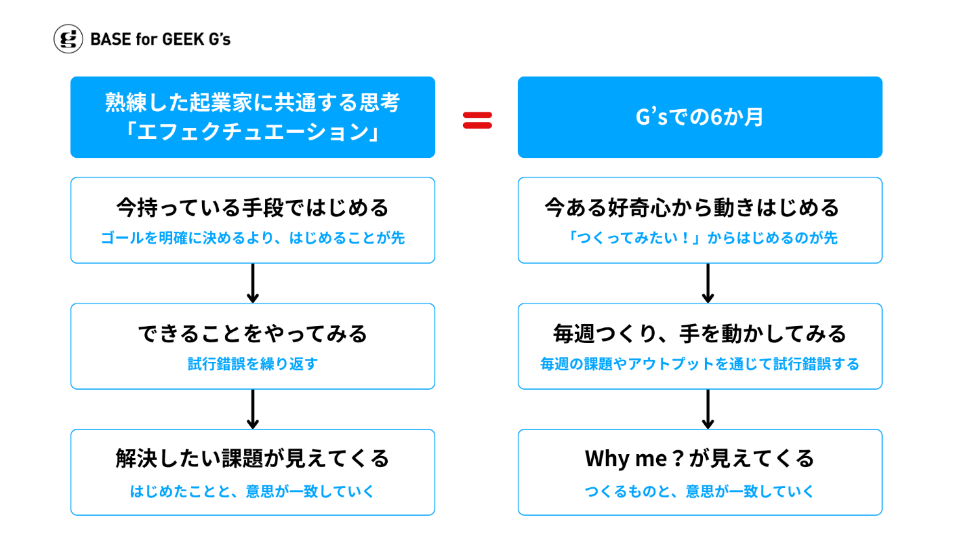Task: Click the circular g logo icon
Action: click(x=68, y=39)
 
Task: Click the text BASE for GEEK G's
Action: click(x=160, y=39)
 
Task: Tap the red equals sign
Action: click(x=477, y=120)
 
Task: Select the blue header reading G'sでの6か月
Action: click(x=700, y=117)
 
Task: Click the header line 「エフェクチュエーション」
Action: click(x=253, y=131)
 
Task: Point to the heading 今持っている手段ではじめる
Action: click(x=253, y=208)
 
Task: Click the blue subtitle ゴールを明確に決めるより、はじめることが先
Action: click(x=253, y=238)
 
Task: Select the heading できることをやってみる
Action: click(x=253, y=333)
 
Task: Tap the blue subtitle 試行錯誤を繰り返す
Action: click(x=253, y=364)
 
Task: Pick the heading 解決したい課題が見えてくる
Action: click(x=253, y=459)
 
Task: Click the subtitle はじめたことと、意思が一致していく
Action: click(x=253, y=491)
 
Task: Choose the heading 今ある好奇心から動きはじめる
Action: click(x=692, y=208)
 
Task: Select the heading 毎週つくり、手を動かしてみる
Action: click(x=700, y=333)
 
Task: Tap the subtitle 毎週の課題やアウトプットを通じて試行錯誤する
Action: click(x=700, y=364)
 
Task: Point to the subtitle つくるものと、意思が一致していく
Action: click(x=700, y=491)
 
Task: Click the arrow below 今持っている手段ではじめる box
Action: click(x=253, y=283)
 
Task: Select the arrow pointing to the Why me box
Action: click(x=708, y=409)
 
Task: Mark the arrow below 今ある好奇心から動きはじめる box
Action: click(x=708, y=283)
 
